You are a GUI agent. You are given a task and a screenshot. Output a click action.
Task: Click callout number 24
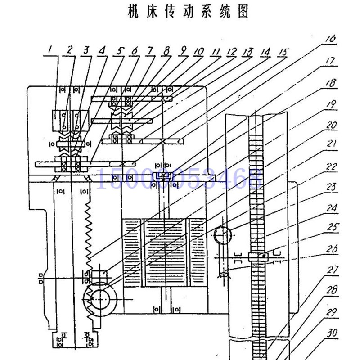coord(331,208)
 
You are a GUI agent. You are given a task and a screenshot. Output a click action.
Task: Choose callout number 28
coord(332,291)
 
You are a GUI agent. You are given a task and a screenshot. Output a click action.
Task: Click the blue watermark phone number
coord(180,178)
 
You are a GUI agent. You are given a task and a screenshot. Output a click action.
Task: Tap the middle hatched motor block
coord(165,253)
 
